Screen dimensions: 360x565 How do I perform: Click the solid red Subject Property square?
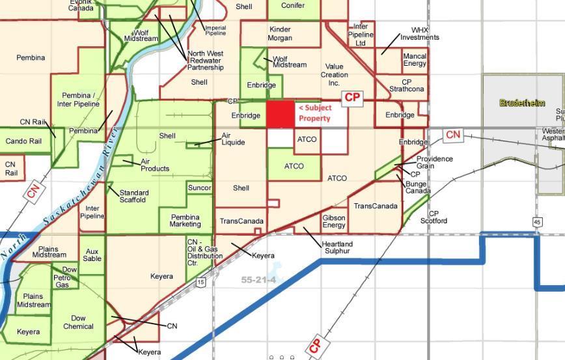(281, 114)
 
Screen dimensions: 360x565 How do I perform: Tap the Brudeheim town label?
(521, 103)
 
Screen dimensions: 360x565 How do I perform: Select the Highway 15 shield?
(201, 282)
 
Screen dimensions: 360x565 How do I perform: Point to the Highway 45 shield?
(537, 222)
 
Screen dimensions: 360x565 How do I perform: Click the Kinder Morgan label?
(280, 34)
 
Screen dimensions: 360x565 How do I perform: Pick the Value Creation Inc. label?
(334, 75)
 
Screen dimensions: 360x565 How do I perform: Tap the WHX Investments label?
(420, 34)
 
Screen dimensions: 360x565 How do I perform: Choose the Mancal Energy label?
(415, 60)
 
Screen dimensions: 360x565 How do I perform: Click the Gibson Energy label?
(334, 221)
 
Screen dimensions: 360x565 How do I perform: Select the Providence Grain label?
(435, 162)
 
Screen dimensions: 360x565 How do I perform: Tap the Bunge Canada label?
(417, 187)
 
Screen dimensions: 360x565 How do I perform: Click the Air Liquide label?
(233, 139)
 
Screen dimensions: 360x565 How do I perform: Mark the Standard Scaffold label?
(133, 196)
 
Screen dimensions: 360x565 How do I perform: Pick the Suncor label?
(199, 188)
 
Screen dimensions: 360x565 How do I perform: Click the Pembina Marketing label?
(186, 221)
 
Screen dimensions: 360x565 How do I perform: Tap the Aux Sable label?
(92, 255)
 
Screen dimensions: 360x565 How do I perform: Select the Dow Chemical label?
(78, 322)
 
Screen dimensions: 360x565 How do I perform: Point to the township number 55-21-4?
(258, 280)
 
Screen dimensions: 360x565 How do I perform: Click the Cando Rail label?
(23, 141)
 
